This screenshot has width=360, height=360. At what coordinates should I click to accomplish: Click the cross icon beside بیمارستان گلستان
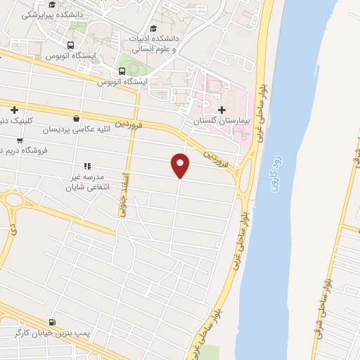coord(223,110)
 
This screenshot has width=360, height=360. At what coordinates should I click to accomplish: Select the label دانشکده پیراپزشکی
coord(52,14)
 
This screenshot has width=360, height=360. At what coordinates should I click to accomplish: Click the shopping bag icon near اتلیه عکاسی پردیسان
coord(76,118)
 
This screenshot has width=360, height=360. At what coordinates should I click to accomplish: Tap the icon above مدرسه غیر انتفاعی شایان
coord(87,166)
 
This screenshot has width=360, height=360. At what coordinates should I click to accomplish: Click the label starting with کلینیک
coord(15,120)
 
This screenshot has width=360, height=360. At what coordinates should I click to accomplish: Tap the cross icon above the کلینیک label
coord(14,109)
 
